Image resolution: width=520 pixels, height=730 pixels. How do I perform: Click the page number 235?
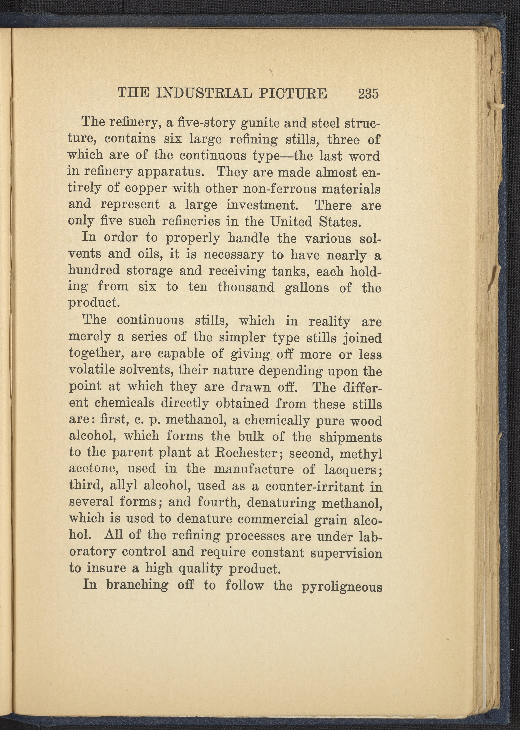369,94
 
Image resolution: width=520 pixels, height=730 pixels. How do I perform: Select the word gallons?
307,287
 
